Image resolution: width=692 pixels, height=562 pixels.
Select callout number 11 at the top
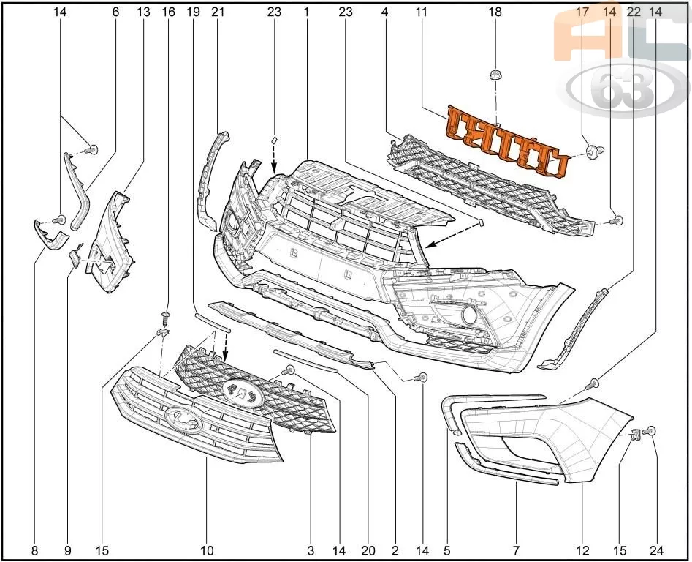coord(421,12)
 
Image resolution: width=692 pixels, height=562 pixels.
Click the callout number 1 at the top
coord(306,12)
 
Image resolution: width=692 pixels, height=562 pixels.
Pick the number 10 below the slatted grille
coord(207,549)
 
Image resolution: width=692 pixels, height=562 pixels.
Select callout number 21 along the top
coord(217,12)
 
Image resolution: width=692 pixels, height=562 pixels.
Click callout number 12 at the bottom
coord(582,549)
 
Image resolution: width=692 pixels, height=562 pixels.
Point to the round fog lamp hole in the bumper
coord(468,316)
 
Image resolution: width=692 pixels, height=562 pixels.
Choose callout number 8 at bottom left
coord(35,549)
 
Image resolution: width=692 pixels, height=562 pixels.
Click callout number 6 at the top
coord(115,12)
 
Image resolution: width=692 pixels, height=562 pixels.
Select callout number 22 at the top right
coord(634,12)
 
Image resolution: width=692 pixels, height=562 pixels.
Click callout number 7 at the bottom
coord(517,549)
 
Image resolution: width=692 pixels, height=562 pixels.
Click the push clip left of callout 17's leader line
coord(591,152)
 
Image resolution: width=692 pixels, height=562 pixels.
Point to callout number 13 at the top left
coord(141,12)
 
